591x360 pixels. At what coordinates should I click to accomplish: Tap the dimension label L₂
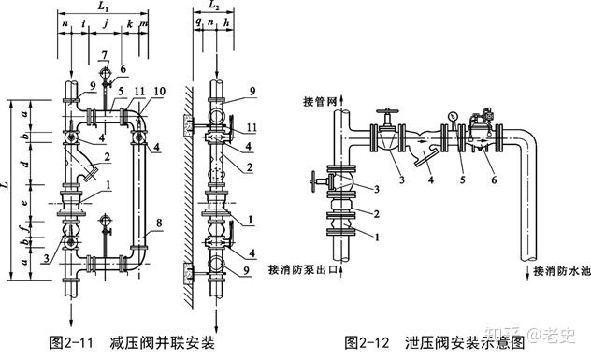pos(214,5)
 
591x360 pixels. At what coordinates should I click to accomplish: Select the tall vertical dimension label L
pos(5,185)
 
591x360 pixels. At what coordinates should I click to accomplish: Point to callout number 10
pos(159,92)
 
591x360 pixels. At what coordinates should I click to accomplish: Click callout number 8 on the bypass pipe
pos(159,223)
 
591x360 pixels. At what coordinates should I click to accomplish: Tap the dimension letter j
pos(107,23)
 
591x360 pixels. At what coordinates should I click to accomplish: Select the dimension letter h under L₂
pos(226,22)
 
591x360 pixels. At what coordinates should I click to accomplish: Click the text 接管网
pos(319,102)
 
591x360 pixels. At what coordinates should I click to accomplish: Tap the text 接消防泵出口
pos(302,270)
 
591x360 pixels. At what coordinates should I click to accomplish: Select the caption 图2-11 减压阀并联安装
pos(132,342)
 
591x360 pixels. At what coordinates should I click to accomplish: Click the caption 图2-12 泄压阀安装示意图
pos(435,342)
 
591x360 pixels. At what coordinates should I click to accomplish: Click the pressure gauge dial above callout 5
pos(452,117)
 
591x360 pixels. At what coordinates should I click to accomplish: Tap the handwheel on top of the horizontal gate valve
pos(387,112)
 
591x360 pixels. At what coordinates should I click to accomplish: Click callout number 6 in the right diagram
pos(494,180)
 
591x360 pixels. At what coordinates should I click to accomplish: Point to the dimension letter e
pos(25,202)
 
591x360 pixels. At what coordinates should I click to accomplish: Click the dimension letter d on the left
pos(25,164)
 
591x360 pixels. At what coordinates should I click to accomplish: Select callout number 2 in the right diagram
pos(376,214)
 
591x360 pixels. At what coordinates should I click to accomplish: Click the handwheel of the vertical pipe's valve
pos(312,181)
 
